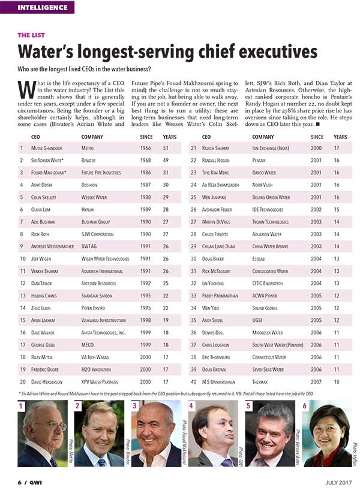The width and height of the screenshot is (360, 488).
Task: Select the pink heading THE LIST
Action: coord(31,35)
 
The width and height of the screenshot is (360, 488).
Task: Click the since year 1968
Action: coord(146,160)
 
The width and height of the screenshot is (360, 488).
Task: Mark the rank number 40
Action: coord(194,381)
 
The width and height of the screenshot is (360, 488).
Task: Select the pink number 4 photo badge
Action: coord(191,406)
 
